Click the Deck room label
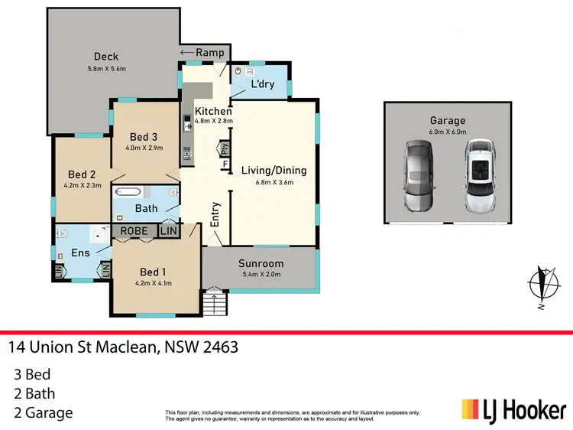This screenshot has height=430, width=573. coord(105,56)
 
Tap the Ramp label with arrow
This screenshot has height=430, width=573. coord(203,52)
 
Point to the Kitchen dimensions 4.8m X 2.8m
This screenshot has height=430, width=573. coord(213,121)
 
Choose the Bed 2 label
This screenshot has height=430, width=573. coord(82,174)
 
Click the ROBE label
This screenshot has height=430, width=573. coord(134,230)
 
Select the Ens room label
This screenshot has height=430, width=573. coord(80,252)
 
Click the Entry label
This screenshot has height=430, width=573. coord(215,214)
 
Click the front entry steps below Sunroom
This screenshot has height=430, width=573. coord(216,303)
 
